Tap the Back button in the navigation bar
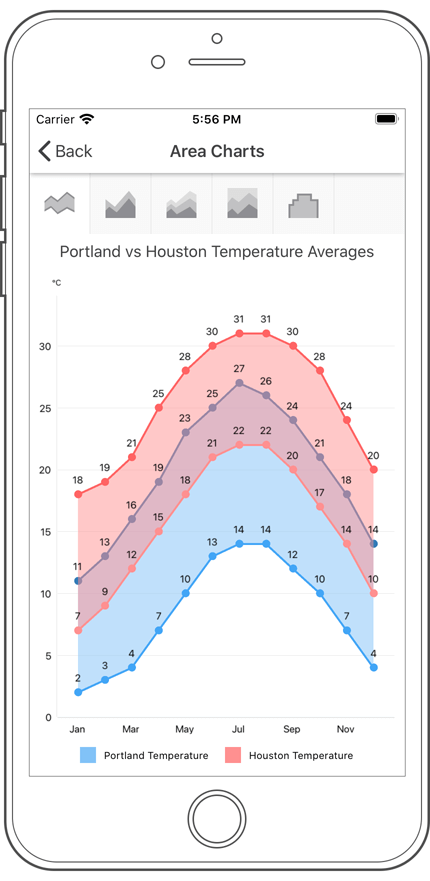[x=65, y=151]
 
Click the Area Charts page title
[x=217, y=151]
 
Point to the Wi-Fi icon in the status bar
[x=87, y=119]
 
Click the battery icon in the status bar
[x=386, y=119]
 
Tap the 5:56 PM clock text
[x=216, y=119]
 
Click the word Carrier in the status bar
[x=56, y=119]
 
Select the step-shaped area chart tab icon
[x=303, y=205]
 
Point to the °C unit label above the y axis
[x=57, y=283]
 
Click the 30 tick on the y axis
[x=45, y=346]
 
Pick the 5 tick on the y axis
[x=47, y=656]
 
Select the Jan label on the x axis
[x=77, y=729]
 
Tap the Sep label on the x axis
[x=292, y=729]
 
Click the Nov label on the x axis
[x=346, y=729]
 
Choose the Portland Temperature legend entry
[x=145, y=756]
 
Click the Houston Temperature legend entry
[x=289, y=756]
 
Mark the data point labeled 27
[x=239, y=383]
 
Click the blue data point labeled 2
[x=78, y=692]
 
